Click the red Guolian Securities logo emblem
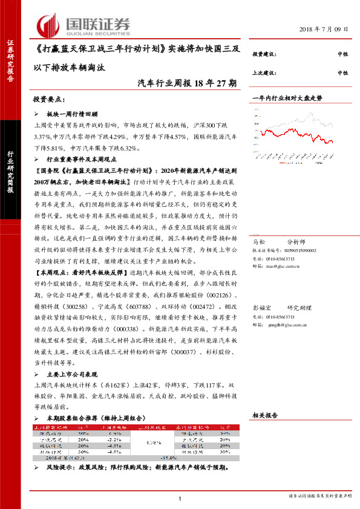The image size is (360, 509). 48,24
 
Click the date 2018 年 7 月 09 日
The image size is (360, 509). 324,30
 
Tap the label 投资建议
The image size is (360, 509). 264,54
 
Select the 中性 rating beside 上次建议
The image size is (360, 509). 342,73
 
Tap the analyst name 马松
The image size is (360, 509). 258,240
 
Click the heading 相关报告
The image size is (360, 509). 264,415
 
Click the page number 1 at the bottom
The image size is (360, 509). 180,498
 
